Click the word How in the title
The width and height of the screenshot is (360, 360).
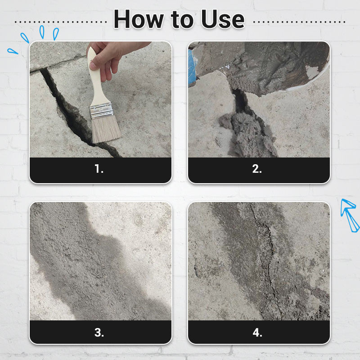point(139,19)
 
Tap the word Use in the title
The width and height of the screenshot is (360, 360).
point(223,19)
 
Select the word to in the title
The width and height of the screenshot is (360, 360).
point(182,20)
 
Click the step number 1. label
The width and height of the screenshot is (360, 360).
point(99,169)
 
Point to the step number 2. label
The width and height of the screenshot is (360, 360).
point(257,169)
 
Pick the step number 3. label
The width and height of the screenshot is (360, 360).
point(99,332)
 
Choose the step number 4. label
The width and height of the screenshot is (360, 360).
point(257,332)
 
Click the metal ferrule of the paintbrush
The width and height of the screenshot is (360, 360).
point(101,111)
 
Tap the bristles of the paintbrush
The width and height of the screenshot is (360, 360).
point(106,129)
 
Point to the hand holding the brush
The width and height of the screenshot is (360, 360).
point(112,58)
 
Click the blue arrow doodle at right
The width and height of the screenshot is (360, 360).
point(349,215)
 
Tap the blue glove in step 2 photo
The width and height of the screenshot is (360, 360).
point(192,68)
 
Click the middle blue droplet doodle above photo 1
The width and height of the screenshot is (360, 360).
point(42,32)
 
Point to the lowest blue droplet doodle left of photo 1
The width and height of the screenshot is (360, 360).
point(13,51)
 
